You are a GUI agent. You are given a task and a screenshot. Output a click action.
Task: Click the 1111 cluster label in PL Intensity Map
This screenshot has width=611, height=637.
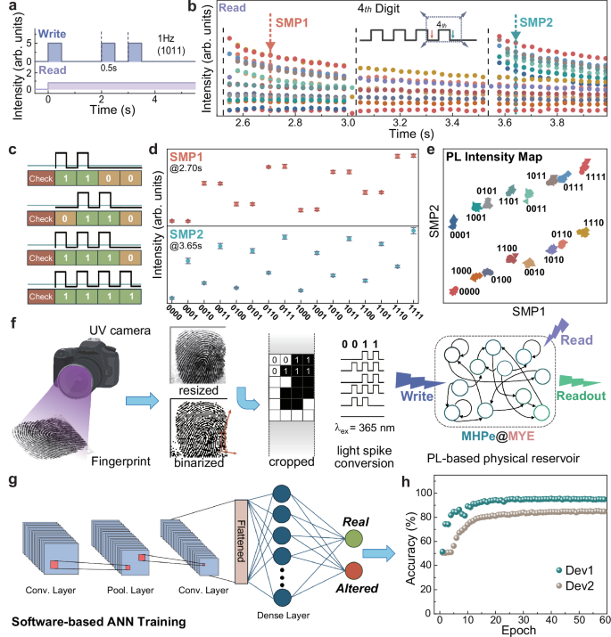[x=594, y=176]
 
